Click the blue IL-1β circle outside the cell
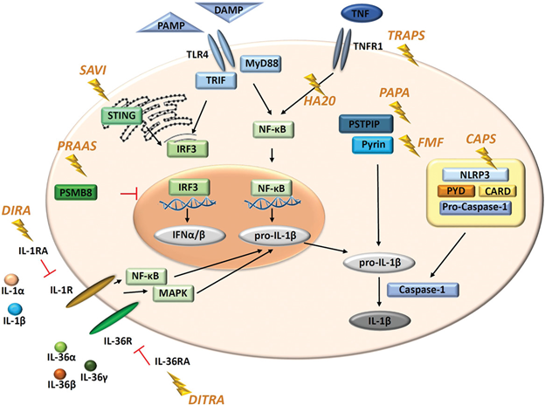point(15,310)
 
